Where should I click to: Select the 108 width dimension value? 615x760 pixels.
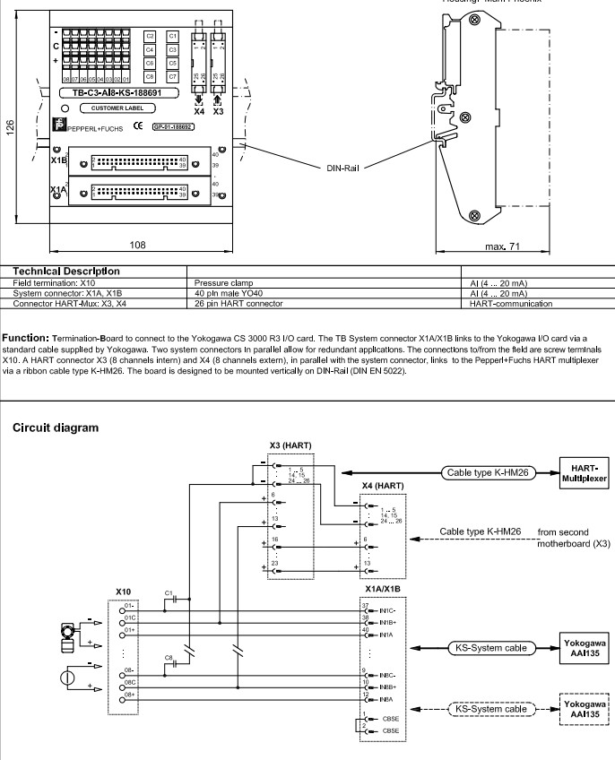pyautogui.click(x=138, y=244)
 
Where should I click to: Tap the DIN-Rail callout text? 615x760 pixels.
pyautogui.click(x=342, y=168)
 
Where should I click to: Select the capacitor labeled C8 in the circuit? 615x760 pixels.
pyautogui.click(x=169, y=659)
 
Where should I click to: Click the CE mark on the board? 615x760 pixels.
pyautogui.click(x=137, y=126)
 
